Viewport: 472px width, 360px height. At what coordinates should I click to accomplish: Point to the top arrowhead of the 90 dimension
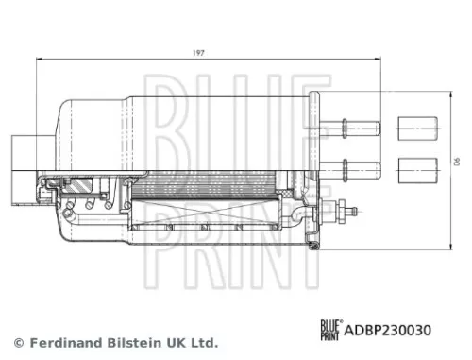click(447, 92)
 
